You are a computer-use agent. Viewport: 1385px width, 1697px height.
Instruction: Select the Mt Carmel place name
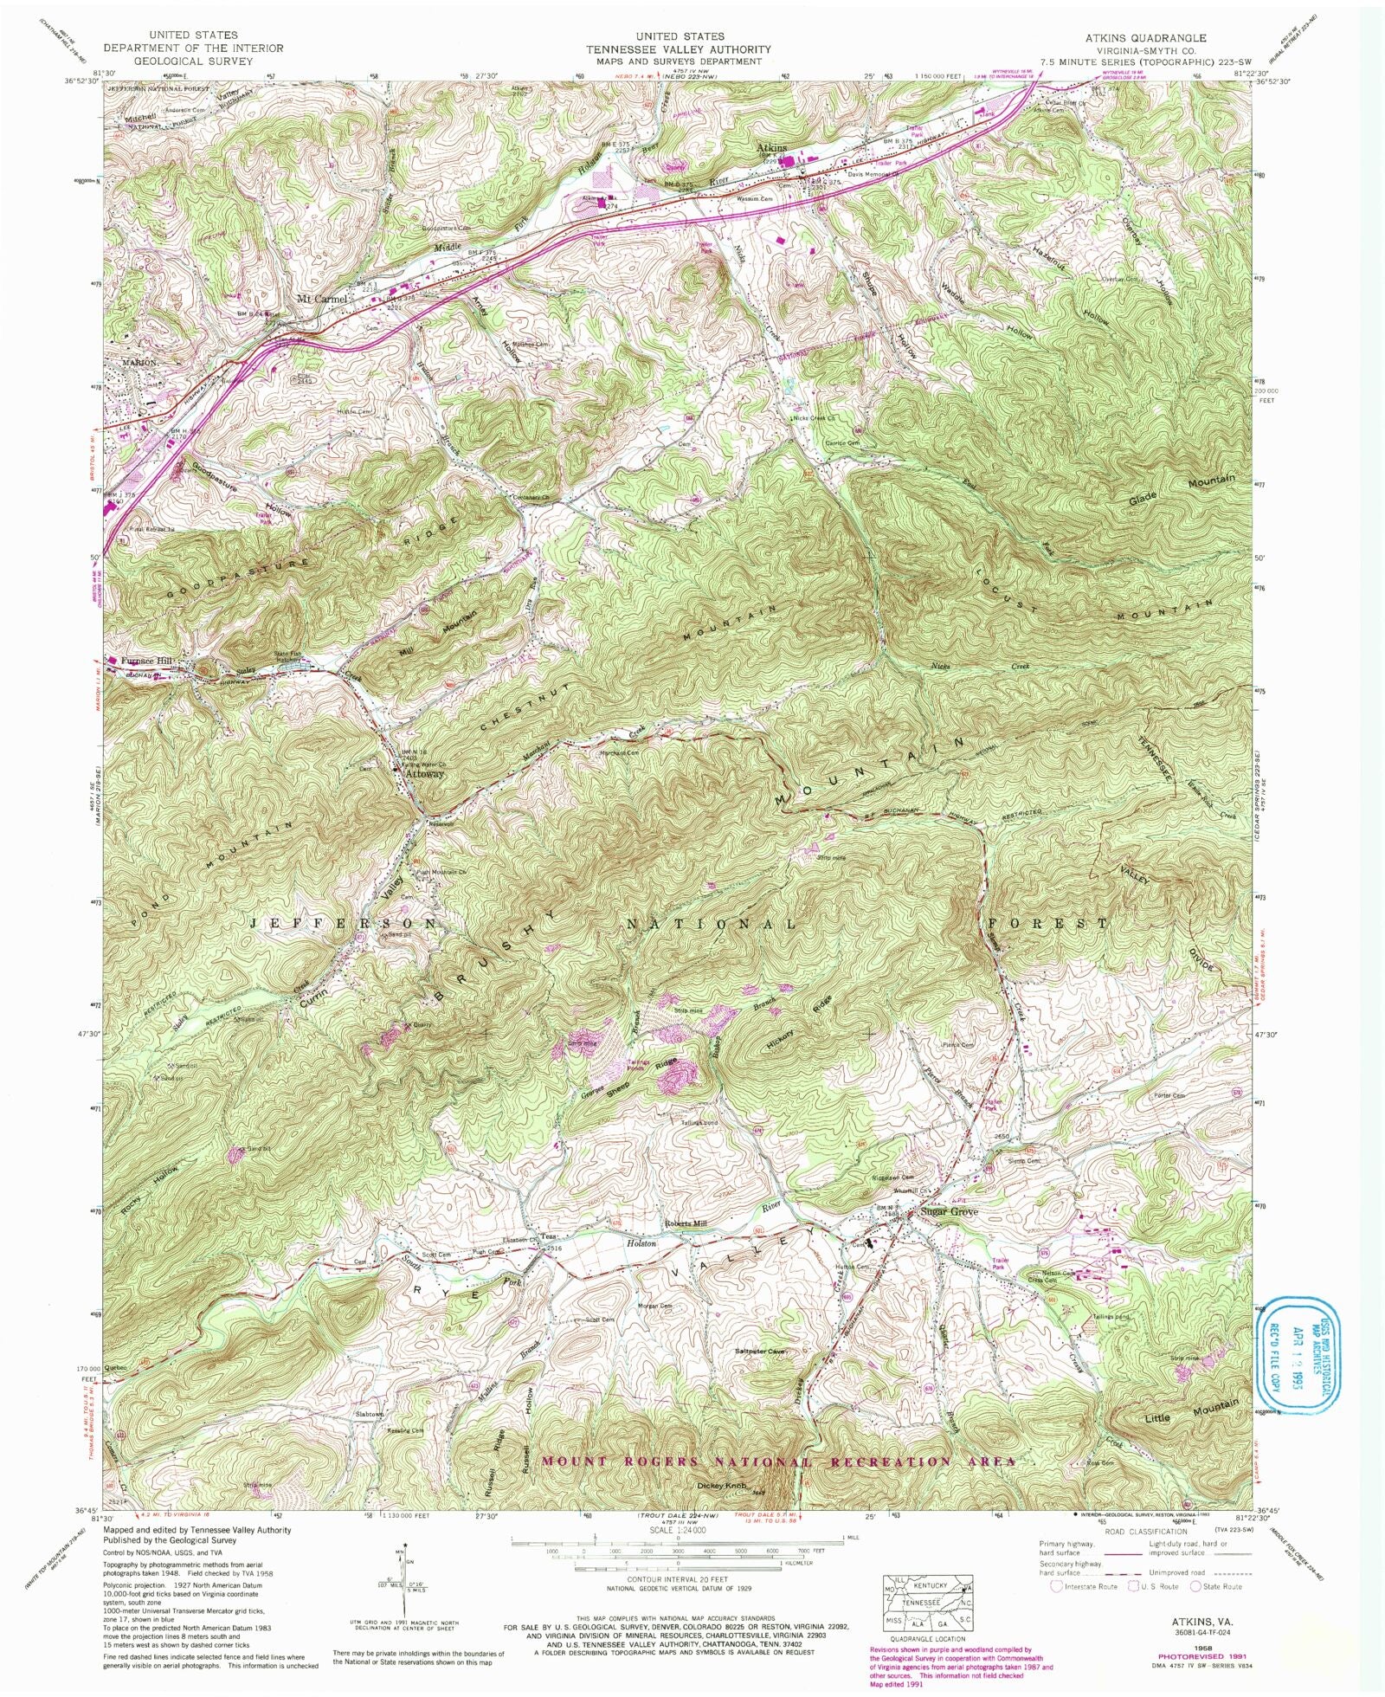pyautogui.click(x=322, y=299)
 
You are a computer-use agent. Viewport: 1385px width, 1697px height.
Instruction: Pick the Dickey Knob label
pyautogui.click(x=721, y=1487)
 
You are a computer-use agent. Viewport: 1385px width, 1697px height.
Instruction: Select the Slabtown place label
pyautogui.click(x=370, y=1414)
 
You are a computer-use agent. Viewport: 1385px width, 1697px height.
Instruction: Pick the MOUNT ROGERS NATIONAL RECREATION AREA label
pyautogui.click(x=777, y=1461)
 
